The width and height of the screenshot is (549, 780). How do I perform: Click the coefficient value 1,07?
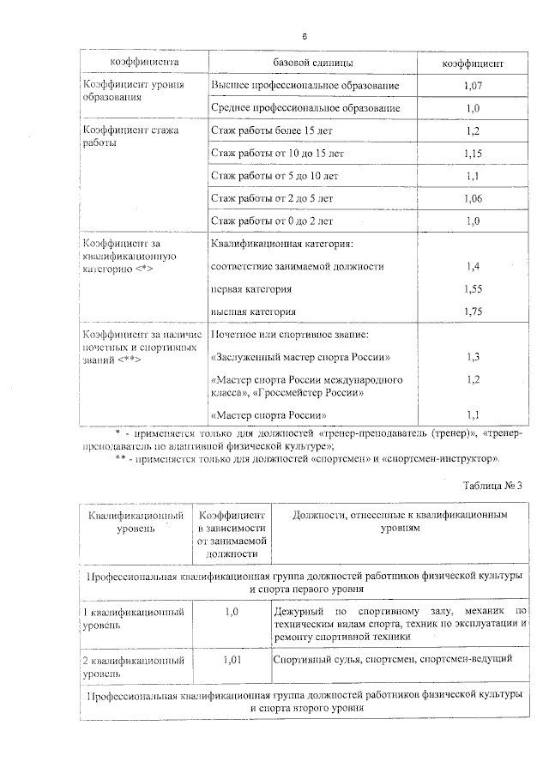pyautogui.click(x=473, y=86)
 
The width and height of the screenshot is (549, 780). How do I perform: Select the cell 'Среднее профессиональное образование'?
pyautogui.click(x=305, y=109)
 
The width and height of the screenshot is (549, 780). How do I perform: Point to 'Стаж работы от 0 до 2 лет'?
pyautogui.click(x=272, y=221)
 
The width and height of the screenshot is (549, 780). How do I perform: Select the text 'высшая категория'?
pyautogui.click(x=253, y=311)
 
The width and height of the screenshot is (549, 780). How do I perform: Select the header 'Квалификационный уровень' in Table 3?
pyautogui.click(x=137, y=523)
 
